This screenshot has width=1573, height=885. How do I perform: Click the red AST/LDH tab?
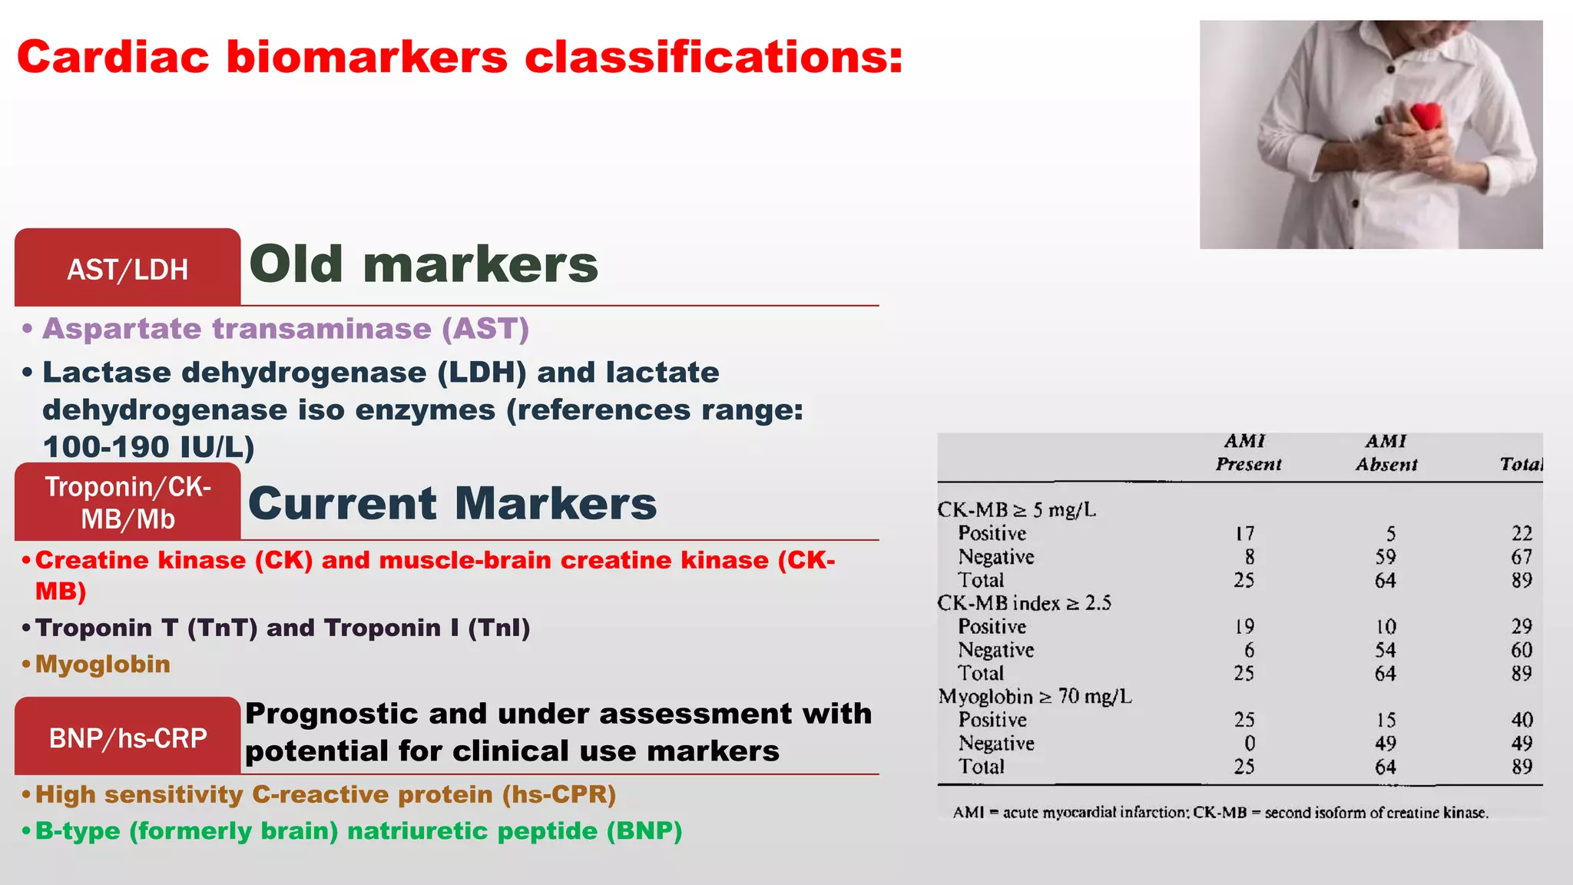click(127, 269)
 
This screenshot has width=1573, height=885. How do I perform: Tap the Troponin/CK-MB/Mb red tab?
click(127, 502)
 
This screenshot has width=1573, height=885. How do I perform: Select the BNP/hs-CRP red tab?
click(127, 737)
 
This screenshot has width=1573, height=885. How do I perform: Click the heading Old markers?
click(423, 264)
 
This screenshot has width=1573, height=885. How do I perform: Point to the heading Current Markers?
click(452, 503)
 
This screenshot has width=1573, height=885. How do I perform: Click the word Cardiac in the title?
click(113, 58)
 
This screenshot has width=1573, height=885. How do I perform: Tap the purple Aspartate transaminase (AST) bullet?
click(286, 329)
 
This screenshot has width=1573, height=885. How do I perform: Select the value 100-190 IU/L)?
click(148, 447)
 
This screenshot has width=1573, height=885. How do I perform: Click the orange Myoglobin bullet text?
click(103, 665)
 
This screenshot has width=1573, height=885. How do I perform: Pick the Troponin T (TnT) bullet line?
click(283, 628)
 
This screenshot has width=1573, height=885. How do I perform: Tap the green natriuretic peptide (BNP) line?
click(359, 831)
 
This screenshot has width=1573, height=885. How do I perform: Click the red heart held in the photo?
click(1426, 117)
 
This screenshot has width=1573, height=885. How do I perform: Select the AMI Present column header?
click(1247, 452)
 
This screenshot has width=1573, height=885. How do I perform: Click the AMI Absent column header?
click(1386, 452)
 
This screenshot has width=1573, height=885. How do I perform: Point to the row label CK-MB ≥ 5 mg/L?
click(1016, 509)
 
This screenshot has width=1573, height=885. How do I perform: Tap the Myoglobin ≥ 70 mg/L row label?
click(1035, 696)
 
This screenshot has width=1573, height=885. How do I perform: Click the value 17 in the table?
click(1244, 533)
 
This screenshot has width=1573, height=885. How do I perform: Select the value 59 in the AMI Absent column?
click(1385, 557)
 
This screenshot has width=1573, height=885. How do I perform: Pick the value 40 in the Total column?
click(1522, 720)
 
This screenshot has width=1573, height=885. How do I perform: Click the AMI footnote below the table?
click(1220, 813)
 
